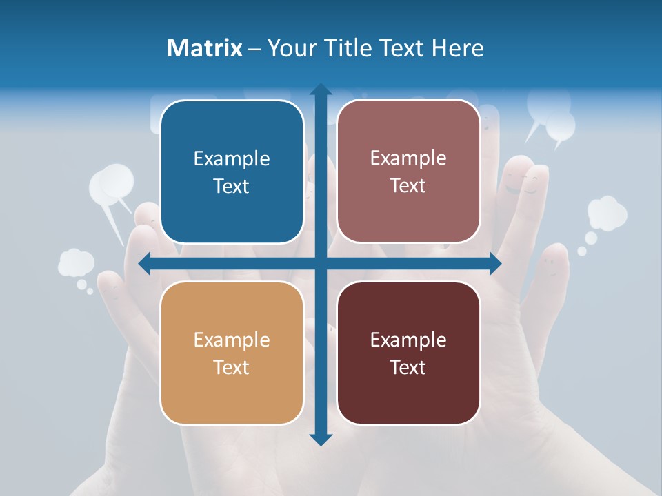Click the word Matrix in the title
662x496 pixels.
pos(204,48)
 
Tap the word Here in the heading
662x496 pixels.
pos(457,48)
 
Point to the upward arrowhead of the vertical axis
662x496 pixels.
pos(321,90)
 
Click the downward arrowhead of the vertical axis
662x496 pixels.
pos(321,439)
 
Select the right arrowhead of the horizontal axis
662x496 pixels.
pos(494,264)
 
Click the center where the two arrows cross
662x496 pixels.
pos(321,264)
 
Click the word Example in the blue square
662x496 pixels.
pos(232,159)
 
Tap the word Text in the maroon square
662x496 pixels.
pos(408,367)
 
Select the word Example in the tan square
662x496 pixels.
pos(232,340)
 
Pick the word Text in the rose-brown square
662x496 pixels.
pos(408,186)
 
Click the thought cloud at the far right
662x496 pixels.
pos(606,213)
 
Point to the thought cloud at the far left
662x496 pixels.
pos(76,263)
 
